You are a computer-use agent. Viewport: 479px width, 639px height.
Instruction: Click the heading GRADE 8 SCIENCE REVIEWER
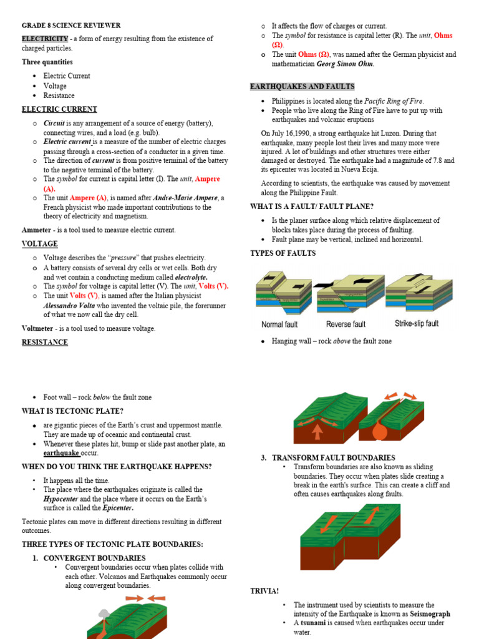point(71,26)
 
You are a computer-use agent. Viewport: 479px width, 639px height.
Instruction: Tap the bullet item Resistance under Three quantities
point(59,95)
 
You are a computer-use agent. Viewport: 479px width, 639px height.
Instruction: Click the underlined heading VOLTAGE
point(39,244)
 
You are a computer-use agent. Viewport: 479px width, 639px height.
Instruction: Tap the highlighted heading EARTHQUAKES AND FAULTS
point(302,87)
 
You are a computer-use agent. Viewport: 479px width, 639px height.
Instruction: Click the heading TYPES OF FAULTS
point(283,253)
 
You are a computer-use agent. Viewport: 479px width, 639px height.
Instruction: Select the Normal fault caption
point(279,324)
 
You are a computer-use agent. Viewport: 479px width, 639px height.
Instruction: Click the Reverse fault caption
point(346,324)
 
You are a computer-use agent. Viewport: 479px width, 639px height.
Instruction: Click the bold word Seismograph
point(430,614)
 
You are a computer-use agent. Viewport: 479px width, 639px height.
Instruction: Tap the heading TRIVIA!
point(264,590)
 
